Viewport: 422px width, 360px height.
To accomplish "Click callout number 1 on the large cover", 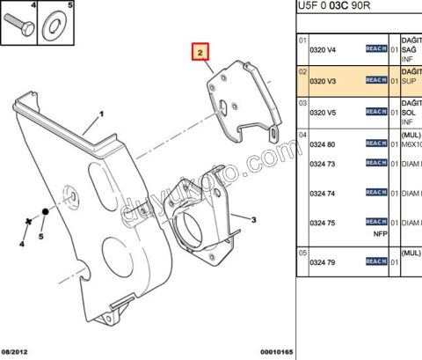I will coord(101,114).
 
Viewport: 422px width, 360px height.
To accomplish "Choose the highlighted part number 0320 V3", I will coord(324,80).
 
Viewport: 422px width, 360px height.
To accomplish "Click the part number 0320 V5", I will coord(324,112).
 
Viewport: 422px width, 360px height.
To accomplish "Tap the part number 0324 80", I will coord(324,143).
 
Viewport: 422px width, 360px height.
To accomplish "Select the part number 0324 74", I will coord(324,192).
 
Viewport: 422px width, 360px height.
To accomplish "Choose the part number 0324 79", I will coord(324,261).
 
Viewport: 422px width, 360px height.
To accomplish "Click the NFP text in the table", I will coord(380,234).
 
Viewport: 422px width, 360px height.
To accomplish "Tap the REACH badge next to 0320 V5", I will coord(376,112).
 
